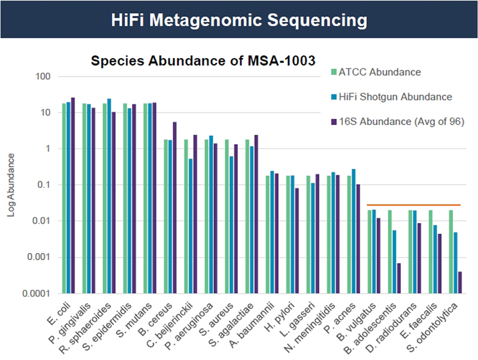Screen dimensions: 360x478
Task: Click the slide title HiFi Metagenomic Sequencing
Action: tap(239, 20)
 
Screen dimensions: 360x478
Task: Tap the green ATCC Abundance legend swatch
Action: tap(333, 73)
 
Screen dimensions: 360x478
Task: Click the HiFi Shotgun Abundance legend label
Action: tap(395, 96)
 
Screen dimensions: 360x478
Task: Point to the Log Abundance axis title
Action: tap(12, 185)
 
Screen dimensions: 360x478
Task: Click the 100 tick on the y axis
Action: tap(44, 77)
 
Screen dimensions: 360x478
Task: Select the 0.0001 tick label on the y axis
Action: tap(37, 294)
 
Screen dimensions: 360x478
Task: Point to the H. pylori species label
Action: tap(287, 314)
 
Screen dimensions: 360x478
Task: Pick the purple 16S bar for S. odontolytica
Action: tap(460, 282)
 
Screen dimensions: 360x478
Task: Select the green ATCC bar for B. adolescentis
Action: tap(390, 251)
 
